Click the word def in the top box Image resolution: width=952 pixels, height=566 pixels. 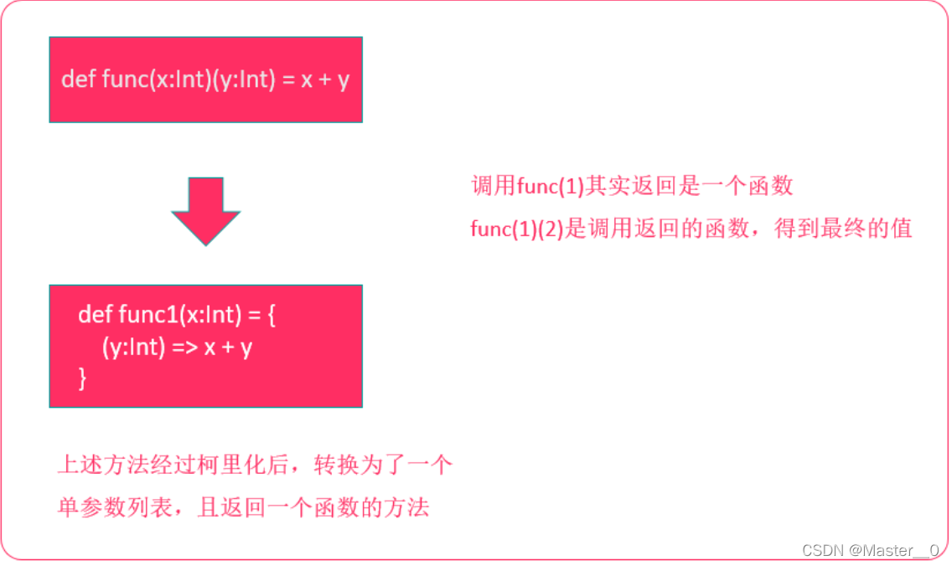78,80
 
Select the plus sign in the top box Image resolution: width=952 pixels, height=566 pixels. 321,80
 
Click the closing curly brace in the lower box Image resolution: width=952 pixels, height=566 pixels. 82,378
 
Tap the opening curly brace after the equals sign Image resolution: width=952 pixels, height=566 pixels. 271,316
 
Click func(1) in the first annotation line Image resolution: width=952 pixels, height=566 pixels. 550,186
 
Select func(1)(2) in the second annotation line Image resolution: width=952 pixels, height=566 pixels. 516,229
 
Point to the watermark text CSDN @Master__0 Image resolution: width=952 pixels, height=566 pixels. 870,550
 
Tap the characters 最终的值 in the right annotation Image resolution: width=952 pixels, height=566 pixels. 872,229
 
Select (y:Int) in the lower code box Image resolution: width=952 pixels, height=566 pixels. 132,347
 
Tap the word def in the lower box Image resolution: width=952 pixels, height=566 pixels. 95,316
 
